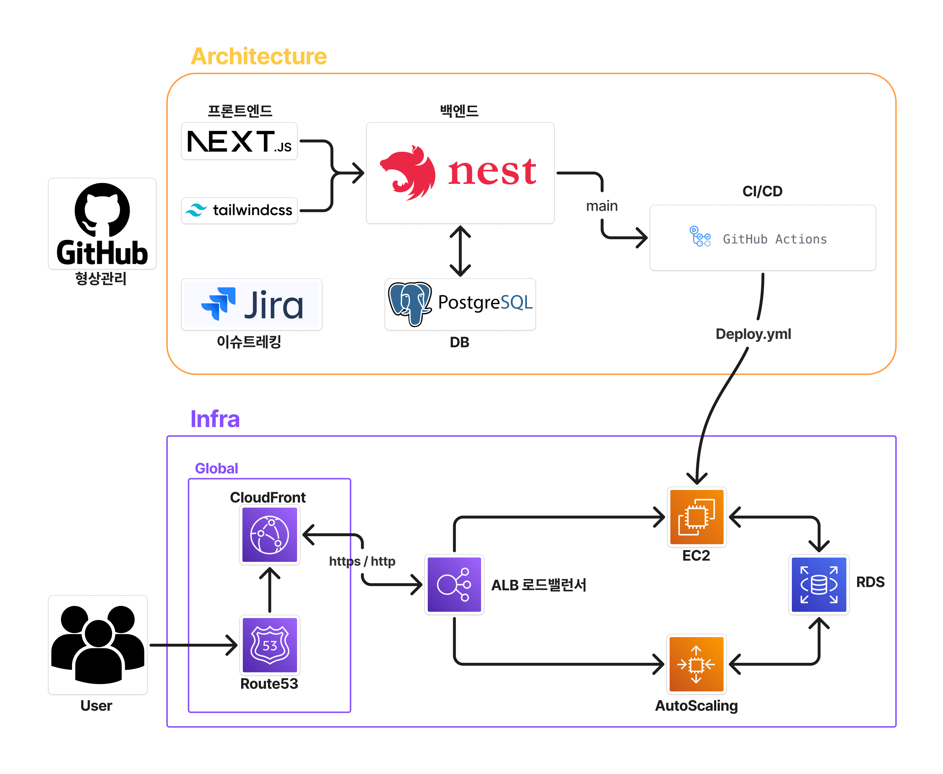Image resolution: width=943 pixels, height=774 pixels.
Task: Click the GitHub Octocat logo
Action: click(x=102, y=210)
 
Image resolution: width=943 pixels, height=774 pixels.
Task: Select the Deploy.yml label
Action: click(x=753, y=334)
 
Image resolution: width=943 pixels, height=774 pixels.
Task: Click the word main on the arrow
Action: click(x=601, y=206)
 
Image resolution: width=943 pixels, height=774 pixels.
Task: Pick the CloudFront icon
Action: click(x=269, y=535)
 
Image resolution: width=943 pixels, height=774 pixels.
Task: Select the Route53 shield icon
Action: click(x=269, y=645)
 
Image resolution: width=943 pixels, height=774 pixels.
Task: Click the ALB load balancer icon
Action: click(x=454, y=585)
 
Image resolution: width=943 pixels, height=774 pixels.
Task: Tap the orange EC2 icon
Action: click(x=696, y=517)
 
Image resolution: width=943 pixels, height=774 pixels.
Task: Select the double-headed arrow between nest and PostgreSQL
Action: click(x=460, y=251)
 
